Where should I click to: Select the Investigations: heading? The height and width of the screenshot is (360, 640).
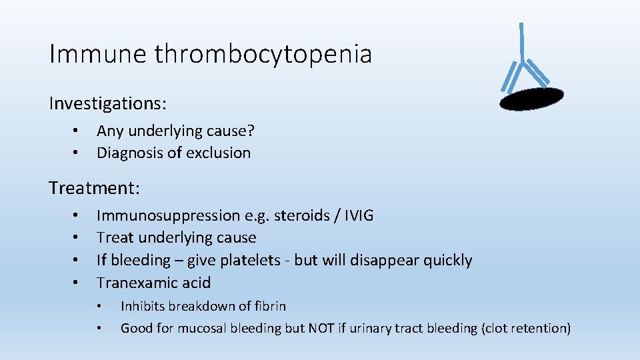pyautogui.click(x=107, y=103)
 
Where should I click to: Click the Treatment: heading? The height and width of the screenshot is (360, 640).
pyautogui.click(x=94, y=188)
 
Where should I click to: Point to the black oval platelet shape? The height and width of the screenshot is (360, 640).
pyautogui.click(x=531, y=98)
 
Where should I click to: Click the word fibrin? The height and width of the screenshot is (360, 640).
pyautogui.click(x=271, y=307)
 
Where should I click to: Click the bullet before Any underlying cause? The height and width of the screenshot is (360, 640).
pyautogui.click(x=77, y=130)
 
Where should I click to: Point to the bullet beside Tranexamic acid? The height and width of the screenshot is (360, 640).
pyautogui.click(x=77, y=283)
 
